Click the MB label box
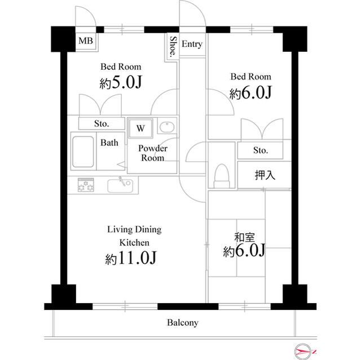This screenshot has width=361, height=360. click(x=86, y=41)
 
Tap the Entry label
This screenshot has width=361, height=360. click(x=192, y=44)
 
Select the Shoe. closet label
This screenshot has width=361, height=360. click(x=173, y=47)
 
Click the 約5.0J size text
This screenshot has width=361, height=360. click(x=121, y=82)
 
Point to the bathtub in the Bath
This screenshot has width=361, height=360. click(x=83, y=152)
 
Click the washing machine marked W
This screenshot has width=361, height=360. click(x=140, y=128)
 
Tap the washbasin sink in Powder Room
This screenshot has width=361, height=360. click(x=167, y=127)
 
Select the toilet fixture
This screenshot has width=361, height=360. click(x=222, y=176)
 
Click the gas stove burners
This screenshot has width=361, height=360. click(x=86, y=185)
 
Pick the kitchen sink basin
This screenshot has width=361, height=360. click(x=120, y=186)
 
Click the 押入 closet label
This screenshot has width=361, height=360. click(x=265, y=175)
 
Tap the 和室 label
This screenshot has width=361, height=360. click(x=244, y=238)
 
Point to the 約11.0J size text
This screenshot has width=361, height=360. click(x=131, y=258)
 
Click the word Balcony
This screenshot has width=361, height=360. click(x=183, y=323)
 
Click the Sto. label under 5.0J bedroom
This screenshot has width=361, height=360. click(x=102, y=124)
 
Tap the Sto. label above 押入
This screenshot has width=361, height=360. click(x=261, y=150)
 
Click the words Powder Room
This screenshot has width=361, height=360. click(x=153, y=153)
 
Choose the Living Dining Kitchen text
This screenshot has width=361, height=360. click(x=134, y=236)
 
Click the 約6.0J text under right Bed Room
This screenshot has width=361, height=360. click(x=250, y=92)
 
